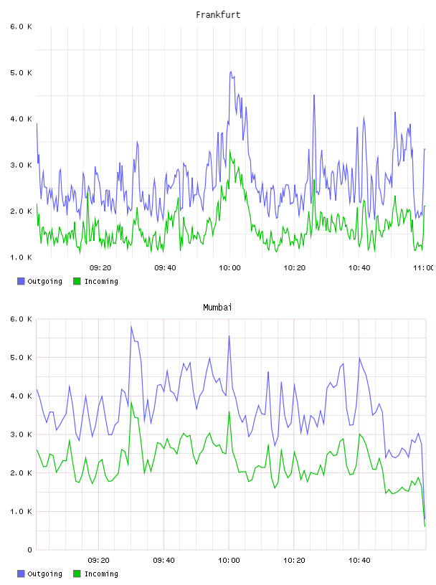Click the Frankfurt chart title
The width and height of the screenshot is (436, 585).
click(218, 15)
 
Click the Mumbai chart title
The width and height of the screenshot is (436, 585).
click(217, 308)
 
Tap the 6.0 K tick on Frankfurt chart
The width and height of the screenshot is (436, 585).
click(21, 27)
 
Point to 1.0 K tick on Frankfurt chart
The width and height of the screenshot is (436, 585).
click(21, 257)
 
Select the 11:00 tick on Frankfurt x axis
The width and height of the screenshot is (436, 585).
click(423, 268)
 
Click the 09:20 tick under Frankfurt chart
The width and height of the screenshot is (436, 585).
click(100, 268)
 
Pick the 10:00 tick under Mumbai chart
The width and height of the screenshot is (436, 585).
click(229, 561)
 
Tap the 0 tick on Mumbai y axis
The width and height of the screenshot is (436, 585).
click(29, 550)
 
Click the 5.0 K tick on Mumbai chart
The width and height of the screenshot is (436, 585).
click(21, 358)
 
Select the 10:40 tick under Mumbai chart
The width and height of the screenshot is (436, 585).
click(359, 561)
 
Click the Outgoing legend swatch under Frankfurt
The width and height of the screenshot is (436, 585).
click(21, 281)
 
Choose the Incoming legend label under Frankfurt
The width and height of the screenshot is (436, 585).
click(101, 282)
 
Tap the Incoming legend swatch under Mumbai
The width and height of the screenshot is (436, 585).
click(77, 574)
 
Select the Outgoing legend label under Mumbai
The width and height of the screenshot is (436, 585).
click(44, 574)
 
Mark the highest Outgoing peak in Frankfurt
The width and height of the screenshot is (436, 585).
click(231, 72)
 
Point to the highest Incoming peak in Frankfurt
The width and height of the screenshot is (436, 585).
click(230, 151)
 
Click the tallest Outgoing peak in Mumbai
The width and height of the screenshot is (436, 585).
click(131, 326)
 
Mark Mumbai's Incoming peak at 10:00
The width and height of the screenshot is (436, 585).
click(229, 412)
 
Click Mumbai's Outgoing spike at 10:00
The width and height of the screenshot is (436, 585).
click(229, 336)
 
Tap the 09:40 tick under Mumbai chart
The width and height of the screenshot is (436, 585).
click(164, 561)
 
